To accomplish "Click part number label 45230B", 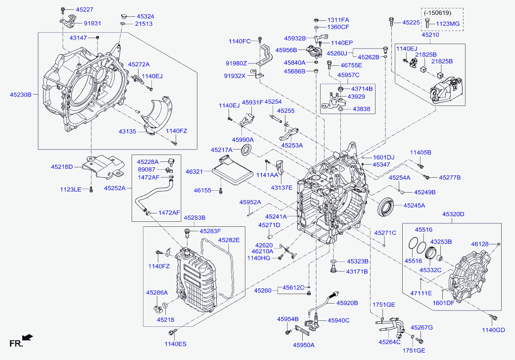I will coord(21,94).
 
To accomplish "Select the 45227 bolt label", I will coord(85,9).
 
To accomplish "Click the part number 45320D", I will coord(453,214).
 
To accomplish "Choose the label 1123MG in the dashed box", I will coord(448,24).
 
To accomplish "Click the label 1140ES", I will coord(176,343).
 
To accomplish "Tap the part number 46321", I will coord(195,171).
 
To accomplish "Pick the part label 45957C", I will coord(348,75).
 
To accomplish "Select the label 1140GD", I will coord(494,330).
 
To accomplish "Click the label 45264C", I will coord(389,342).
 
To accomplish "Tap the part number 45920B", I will coord(347,303).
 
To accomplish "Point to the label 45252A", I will coord(114,188).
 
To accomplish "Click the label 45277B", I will coord(449,177).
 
